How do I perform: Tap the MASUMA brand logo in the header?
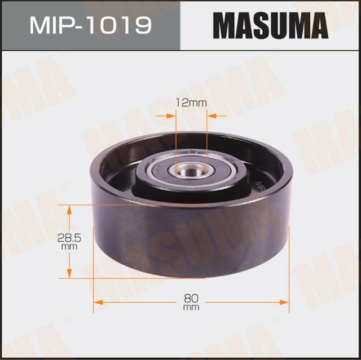[270, 26]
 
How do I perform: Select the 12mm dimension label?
[190, 103]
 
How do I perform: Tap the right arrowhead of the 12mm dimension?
[212, 116]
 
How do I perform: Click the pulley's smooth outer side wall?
[169, 242]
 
